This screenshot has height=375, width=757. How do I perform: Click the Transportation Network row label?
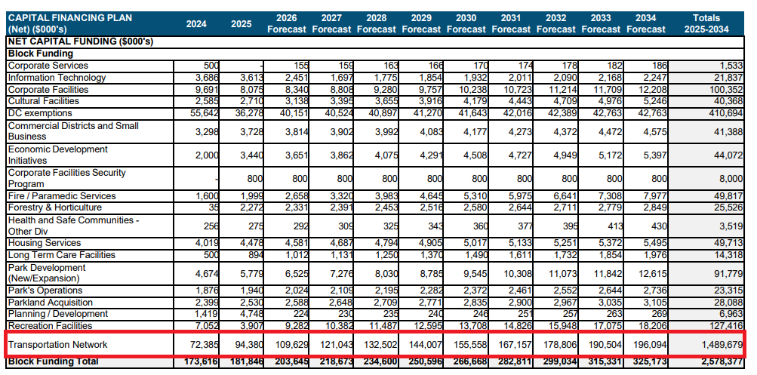(57, 345)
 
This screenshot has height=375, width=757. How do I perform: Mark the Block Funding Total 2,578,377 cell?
(719, 362)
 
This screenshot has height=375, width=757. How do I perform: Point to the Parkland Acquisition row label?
(51, 303)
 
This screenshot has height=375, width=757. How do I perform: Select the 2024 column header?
(196, 23)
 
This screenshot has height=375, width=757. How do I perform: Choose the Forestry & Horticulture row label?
(54, 207)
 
